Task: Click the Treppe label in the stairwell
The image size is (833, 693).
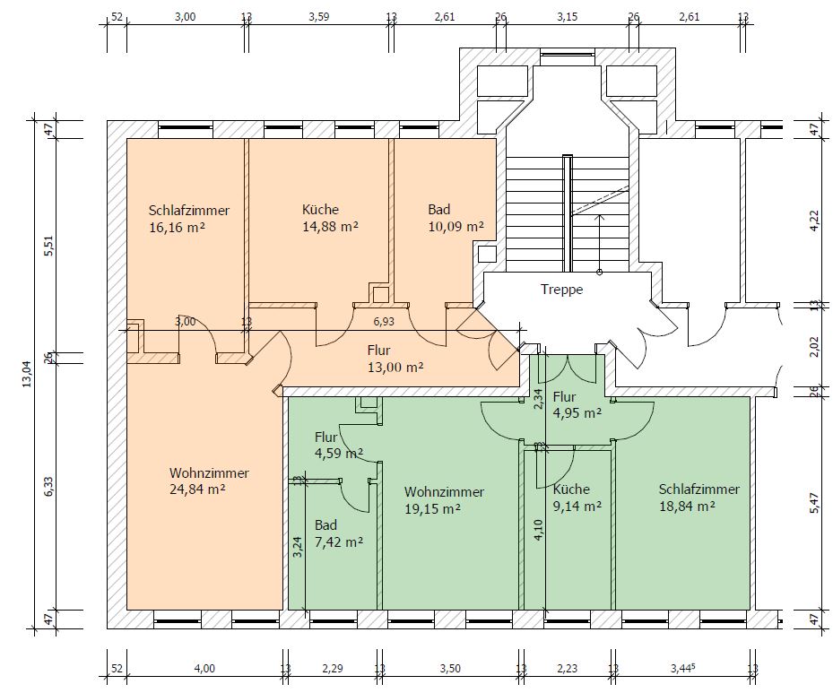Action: (561, 290)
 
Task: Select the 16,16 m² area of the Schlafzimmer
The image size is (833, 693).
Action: (178, 228)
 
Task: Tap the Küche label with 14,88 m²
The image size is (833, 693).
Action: (320, 209)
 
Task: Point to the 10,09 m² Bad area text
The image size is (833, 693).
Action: (456, 227)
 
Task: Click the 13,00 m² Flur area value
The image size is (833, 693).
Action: (395, 368)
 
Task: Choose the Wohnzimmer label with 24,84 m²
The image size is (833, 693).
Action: (209, 472)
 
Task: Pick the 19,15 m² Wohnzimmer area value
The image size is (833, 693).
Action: (432, 508)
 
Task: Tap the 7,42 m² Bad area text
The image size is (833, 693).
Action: (339, 542)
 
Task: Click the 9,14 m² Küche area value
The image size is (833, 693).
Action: (577, 506)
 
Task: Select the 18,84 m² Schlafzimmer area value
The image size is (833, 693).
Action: (687, 506)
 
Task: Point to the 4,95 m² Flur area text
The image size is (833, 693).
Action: (577, 413)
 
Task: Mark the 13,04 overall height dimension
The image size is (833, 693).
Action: (27, 374)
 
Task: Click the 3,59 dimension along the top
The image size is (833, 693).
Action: (318, 16)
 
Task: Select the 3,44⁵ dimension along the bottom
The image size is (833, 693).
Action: (683, 668)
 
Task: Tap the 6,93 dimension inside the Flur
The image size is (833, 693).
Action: (384, 321)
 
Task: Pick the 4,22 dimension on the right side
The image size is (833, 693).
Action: (814, 221)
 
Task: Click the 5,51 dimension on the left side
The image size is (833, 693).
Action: (49, 246)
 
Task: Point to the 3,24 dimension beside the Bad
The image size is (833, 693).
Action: (298, 547)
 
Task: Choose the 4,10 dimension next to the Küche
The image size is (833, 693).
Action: (539, 530)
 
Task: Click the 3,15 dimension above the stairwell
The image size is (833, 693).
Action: (568, 16)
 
